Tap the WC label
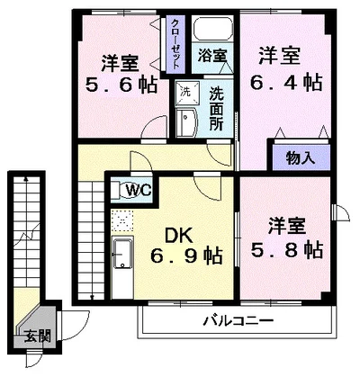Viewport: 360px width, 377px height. [137, 190]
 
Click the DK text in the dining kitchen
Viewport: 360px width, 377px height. [175, 236]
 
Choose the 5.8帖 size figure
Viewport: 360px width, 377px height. [286, 247]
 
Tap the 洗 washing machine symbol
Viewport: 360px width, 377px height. [184, 91]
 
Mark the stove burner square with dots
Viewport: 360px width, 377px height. [120, 220]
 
